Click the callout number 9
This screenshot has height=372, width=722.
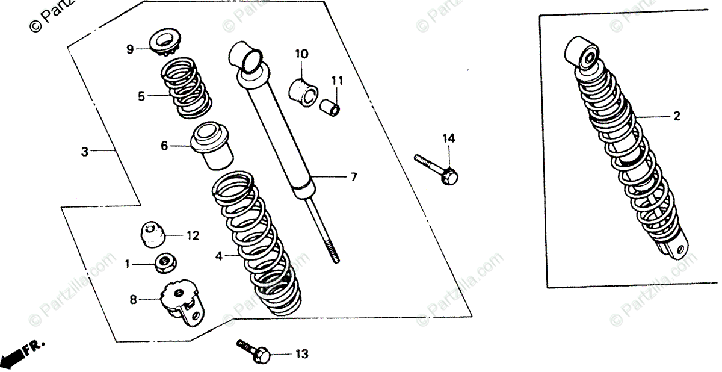click(129, 49)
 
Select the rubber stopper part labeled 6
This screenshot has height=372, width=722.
click(212, 147)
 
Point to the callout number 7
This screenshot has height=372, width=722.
click(354, 177)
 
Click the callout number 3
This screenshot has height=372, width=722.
click(85, 152)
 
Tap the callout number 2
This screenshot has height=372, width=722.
click(677, 117)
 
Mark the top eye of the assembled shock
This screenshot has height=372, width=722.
click(584, 54)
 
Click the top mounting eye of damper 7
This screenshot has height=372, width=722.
click(247, 57)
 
